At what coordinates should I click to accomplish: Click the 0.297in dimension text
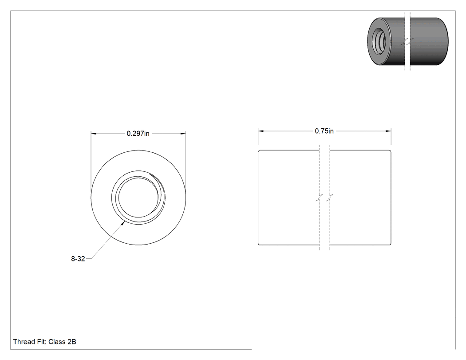pyautogui.click(x=138, y=134)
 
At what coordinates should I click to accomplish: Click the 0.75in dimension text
pyautogui.click(x=324, y=131)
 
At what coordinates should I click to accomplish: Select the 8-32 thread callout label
pyautogui.click(x=78, y=259)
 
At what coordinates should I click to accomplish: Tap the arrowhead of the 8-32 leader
pyautogui.click(x=123, y=223)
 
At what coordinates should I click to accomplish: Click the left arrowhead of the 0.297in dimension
pyautogui.click(x=94, y=134)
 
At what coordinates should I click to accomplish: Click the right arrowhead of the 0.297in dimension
pyautogui.click(x=183, y=134)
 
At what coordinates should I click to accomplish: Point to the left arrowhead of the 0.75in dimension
pyautogui.click(x=261, y=131)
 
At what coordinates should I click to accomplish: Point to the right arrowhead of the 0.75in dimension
pyautogui.click(x=388, y=131)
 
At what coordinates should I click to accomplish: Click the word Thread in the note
pyautogui.click(x=24, y=342)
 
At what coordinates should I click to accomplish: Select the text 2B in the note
pyautogui.click(x=71, y=342)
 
